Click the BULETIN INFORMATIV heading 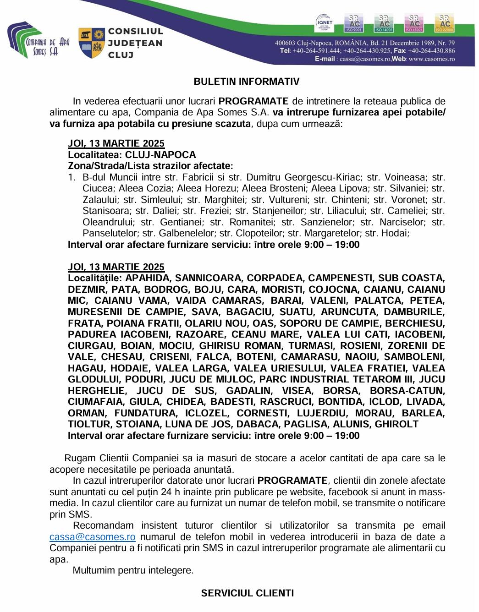click(x=246, y=82)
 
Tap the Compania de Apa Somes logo click(x=39, y=40)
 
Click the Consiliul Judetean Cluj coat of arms click(x=91, y=43)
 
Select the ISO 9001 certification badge click(x=355, y=23)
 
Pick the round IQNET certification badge click(x=326, y=23)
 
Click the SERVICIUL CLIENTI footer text click(x=247, y=593)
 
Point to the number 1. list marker click(x=72, y=177)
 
